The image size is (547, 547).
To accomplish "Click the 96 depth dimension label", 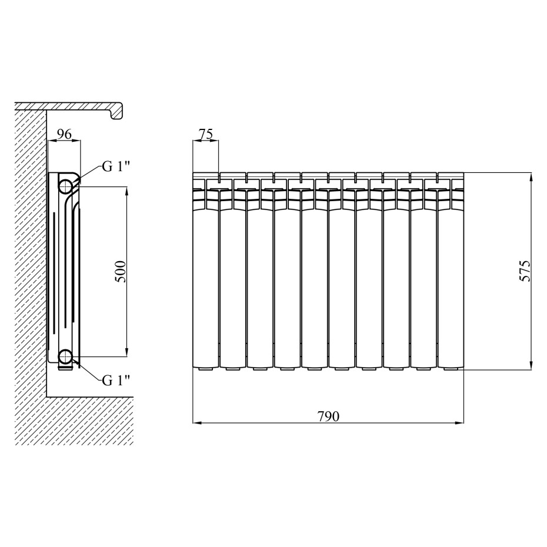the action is pyautogui.click(x=64, y=134).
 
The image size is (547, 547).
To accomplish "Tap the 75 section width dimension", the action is pyautogui.click(x=206, y=134).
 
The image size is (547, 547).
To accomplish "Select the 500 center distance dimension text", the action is pyautogui.click(x=120, y=271).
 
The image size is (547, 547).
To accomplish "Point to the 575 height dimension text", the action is pyautogui.click(x=525, y=271).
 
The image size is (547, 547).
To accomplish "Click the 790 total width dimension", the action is pyautogui.click(x=328, y=416).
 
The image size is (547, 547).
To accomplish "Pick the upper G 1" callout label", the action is pyautogui.click(x=116, y=167).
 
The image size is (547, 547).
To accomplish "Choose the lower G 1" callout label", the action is pyautogui.click(x=116, y=381).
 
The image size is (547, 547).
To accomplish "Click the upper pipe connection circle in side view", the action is pyautogui.click(x=65, y=186).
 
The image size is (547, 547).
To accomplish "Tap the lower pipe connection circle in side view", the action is pyautogui.click(x=65, y=356).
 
